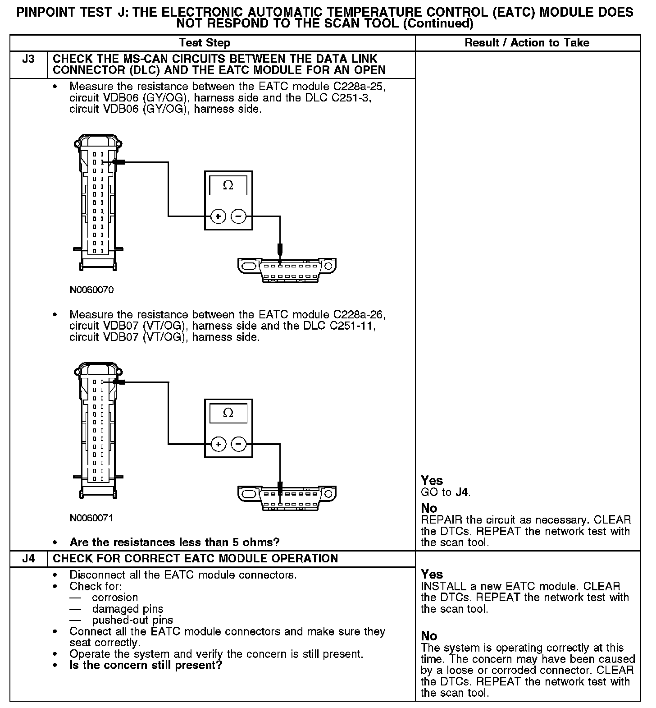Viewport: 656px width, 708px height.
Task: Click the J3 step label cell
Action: coord(28,59)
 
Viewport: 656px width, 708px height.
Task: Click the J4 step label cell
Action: coord(28,558)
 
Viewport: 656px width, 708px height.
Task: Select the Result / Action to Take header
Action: coord(527,43)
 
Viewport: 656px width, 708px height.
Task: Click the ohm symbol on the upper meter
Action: coord(228,185)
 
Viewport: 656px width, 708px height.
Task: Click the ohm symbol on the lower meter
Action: coord(228,413)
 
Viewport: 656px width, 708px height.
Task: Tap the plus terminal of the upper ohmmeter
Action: coord(219,217)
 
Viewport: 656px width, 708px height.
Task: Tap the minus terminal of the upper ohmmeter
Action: coord(238,217)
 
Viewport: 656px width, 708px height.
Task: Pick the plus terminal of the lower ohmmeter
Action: coord(219,445)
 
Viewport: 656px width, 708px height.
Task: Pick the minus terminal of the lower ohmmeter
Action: coord(238,445)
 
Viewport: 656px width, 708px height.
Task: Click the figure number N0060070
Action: coord(91,290)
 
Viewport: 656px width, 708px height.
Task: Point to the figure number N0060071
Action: coord(91,518)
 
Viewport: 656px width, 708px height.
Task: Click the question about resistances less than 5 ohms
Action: coord(174,542)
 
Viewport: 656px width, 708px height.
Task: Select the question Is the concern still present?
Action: coord(146,665)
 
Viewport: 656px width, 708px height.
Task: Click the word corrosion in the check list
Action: coord(115,598)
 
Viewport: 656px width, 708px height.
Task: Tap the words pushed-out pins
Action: coord(132,620)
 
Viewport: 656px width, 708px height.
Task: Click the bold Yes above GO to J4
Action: coord(432,480)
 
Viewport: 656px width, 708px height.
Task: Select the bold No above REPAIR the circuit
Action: coord(429,508)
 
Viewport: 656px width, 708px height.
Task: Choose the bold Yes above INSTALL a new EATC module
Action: coord(432,574)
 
